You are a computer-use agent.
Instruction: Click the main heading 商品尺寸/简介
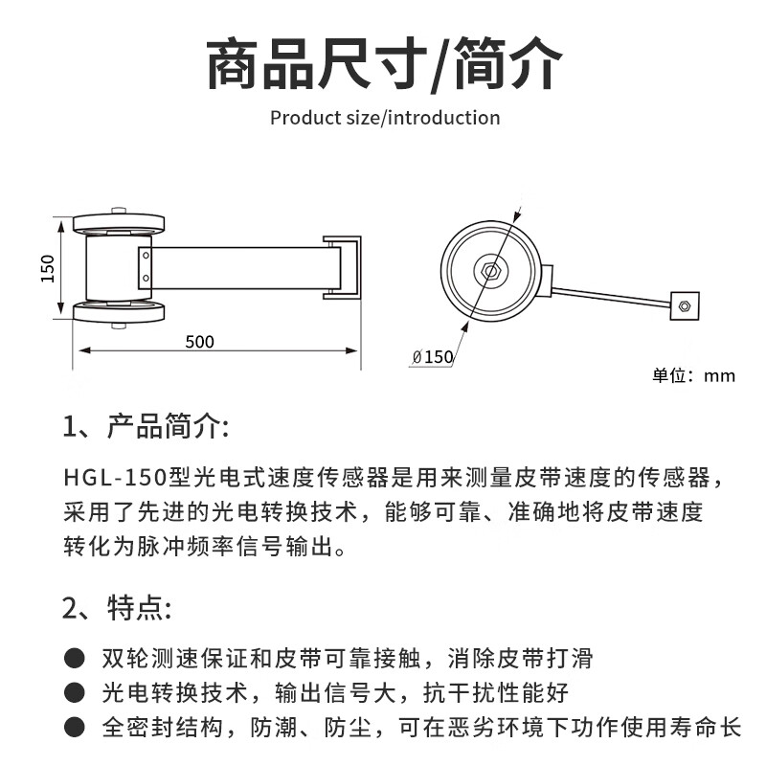383,64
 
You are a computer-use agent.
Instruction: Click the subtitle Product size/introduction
385,118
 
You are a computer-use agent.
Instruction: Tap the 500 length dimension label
200,342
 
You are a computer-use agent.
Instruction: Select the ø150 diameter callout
433,357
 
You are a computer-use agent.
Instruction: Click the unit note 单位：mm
694,375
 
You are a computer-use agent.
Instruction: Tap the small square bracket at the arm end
684,306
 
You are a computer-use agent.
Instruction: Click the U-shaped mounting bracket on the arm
342,268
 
